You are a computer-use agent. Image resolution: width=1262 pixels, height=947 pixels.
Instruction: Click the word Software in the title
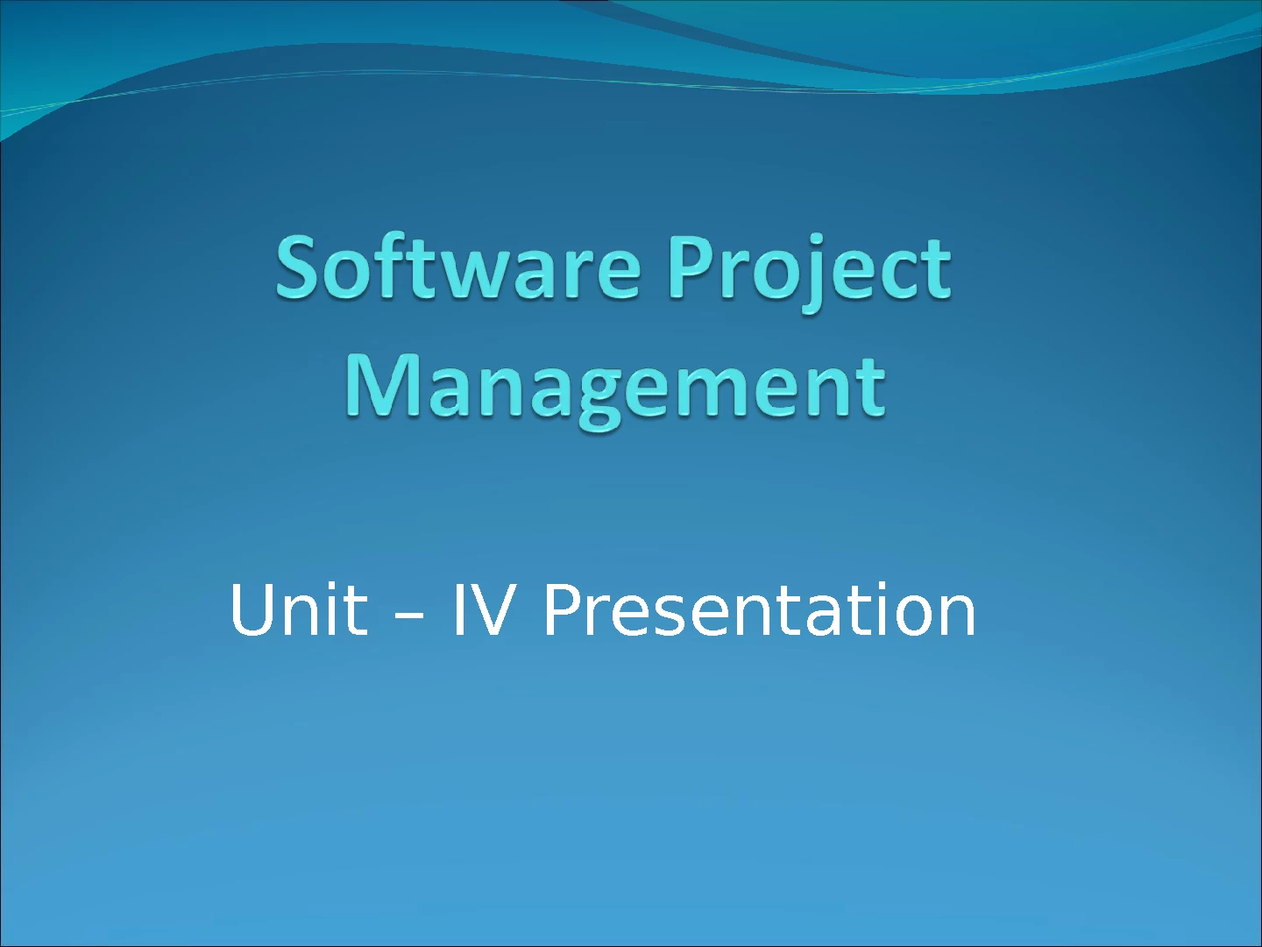[458, 267]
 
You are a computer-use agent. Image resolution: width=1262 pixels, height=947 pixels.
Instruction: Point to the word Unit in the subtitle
[298, 609]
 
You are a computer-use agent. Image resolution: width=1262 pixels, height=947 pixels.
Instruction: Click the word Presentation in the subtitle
[760, 609]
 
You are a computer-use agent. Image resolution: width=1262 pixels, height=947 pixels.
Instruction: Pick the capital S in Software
[300, 268]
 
